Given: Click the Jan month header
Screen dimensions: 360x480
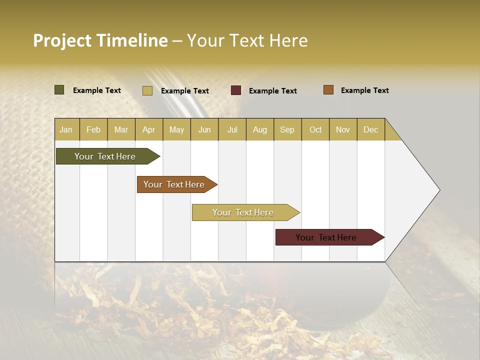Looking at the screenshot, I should (66, 129).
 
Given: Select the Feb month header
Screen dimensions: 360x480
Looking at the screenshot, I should (93, 129).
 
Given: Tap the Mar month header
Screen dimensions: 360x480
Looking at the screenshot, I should (121, 129).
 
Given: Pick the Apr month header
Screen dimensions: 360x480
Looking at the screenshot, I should (149, 129).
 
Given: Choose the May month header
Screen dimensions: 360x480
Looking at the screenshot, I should (176, 129).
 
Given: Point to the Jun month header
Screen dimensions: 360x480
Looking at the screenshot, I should (204, 129).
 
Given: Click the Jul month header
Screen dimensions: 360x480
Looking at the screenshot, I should (232, 129).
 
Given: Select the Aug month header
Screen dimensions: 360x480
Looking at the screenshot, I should (260, 129).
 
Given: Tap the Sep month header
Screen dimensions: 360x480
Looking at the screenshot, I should (287, 129).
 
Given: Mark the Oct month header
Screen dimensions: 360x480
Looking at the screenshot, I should (315, 129).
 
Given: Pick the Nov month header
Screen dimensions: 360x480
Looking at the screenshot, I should (343, 129).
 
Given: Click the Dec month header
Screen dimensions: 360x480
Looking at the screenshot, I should (371, 129).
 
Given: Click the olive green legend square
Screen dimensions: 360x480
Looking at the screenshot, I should (59, 90).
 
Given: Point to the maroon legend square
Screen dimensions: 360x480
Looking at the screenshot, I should (236, 90).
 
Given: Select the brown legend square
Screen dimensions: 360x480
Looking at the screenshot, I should (328, 90).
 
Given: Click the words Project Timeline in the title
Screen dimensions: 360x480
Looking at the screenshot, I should (100, 40).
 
